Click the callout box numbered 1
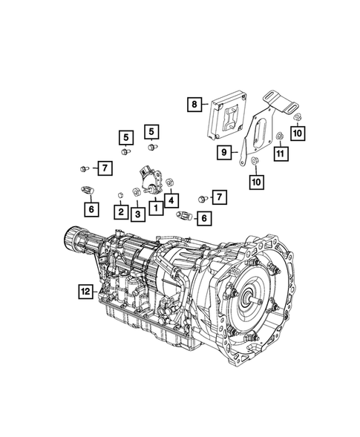[155, 209]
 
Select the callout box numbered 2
[120, 212]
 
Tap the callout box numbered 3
[137, 214]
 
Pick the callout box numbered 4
[171, 199]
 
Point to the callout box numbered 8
[194, 105]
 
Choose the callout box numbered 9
[222, 153]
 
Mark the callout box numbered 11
[280, 154]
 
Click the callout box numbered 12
[87, 291]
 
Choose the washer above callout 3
[137, 193]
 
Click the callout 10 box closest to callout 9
[255, 180]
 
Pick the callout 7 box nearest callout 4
[219, 196]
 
